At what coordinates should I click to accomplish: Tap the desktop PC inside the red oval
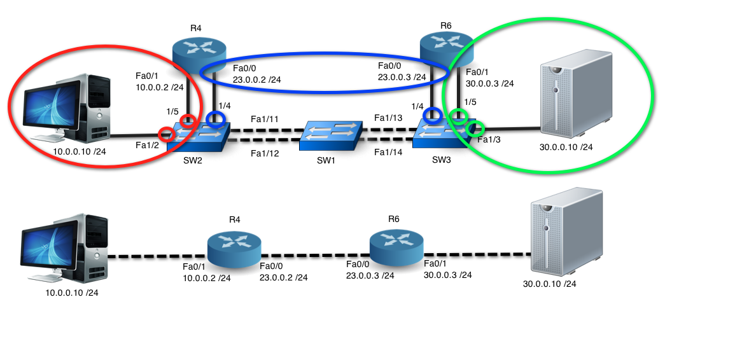(64, 108)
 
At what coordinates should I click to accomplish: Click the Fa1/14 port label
(388, 152)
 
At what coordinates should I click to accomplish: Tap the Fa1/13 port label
(388, 118)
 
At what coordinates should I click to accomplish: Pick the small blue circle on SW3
(433, 115)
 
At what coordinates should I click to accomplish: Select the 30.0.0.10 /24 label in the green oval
(566, 147)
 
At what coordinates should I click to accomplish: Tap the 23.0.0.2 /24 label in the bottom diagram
(283, 277)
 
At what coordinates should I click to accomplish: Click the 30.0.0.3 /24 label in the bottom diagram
(447, 275)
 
